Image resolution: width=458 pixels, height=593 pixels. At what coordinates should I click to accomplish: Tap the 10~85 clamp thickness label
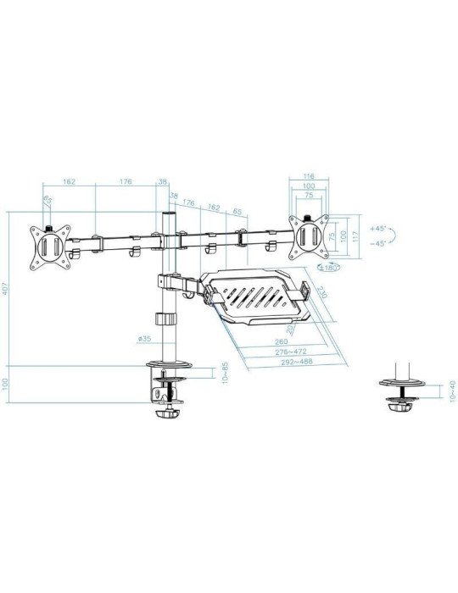[224, 373]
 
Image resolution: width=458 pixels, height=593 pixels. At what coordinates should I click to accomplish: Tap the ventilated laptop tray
[256, 295]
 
